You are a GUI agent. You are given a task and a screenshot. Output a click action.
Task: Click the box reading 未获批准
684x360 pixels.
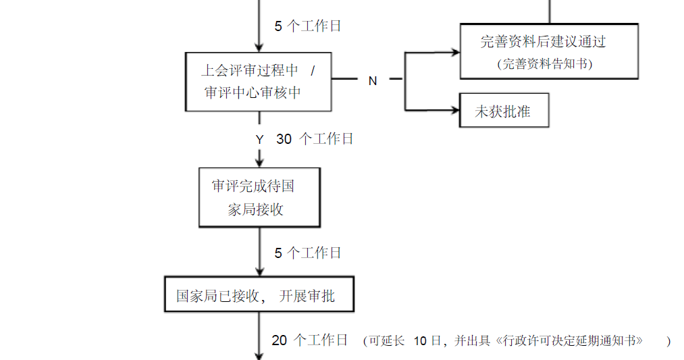[503, 111]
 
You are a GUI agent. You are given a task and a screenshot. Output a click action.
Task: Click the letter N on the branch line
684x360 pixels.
[372, 81]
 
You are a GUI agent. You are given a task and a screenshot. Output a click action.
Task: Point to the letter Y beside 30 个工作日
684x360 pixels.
[259, 139]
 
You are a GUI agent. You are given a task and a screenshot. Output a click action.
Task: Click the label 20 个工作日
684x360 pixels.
[310, 340]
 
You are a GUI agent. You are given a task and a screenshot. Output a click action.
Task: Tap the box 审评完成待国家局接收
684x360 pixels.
[259, 197]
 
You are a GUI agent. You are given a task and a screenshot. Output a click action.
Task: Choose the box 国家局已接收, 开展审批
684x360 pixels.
[259, 295]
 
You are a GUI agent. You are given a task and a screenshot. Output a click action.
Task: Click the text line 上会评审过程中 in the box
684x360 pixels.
[249, 71]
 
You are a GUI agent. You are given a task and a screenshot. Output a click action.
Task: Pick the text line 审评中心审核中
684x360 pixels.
[253, 93]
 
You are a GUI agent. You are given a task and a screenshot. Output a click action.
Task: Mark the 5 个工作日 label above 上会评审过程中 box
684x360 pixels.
[308, 26]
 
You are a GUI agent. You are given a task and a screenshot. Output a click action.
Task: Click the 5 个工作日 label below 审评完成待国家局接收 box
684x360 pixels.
[308, 253]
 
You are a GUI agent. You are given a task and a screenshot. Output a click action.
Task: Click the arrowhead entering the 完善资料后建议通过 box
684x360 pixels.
[454, 51]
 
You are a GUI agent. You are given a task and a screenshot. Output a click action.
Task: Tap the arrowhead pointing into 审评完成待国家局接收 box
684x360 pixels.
[259, 161]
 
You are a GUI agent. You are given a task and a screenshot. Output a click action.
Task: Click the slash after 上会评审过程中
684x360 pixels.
[313, 71]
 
